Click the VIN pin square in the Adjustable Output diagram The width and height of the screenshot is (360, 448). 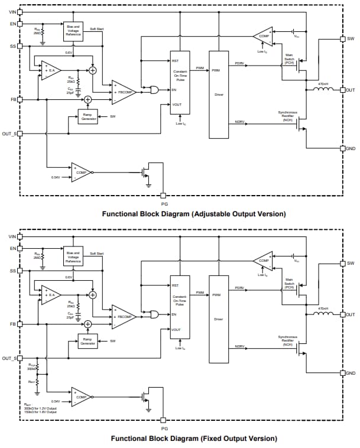click(20, 11)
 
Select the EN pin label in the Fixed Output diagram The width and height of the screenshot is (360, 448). click(12, 248)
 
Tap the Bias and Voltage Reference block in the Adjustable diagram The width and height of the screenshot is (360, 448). click(73, 32)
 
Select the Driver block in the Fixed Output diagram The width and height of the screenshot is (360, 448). click(219, 319)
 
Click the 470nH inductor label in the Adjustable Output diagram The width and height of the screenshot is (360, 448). click(323, 84)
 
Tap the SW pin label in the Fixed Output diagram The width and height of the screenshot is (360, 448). click(351, 263)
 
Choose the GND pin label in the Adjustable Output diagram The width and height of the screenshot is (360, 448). click(351, 148)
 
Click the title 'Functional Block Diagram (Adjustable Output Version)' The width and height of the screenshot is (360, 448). click(194, 213)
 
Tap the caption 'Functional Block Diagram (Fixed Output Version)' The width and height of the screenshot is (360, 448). click(194, 439)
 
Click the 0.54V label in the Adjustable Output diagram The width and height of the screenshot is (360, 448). click(56, 177)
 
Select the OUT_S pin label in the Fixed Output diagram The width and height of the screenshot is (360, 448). click(9, 358)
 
